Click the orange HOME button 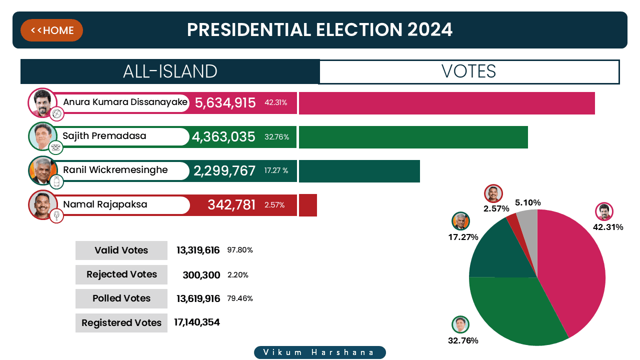[x=51, y=30]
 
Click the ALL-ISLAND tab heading [x=170, y=71]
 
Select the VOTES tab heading [x=469, y=71]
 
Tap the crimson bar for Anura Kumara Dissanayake [x=446, y=103]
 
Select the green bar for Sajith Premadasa [x=413, y=137]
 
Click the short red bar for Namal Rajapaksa [x=307, y=205]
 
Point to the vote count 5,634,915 [x=225, y=103]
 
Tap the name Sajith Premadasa [x=104, y=136]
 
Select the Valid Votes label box [x=121, y=250]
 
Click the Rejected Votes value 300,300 [x=201, y=274]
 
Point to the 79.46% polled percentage [x=240, y=298]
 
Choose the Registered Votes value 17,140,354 [x=197, y=322]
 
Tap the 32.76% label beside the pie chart [x=463, y=341]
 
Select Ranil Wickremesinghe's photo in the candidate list [x=40, y=169]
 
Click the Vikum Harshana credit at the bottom [x=320, y=352]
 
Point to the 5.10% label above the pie [x=527, y=202]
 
